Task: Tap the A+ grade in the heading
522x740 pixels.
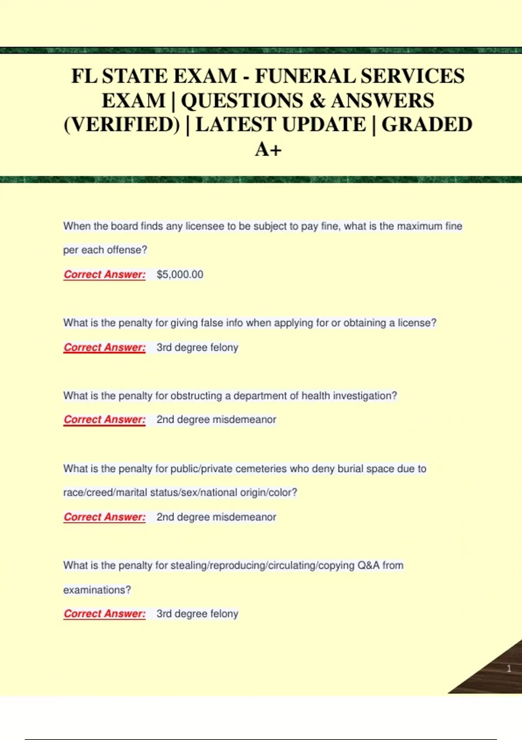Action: [x=268, y=149]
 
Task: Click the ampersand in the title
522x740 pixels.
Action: [x=317, y=101]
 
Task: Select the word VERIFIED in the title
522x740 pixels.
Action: [x=122, y=125]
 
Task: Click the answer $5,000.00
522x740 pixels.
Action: [x=180, y=275]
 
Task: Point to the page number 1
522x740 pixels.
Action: [x=509, y=668]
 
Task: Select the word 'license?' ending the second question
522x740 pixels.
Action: [x=417, y=323]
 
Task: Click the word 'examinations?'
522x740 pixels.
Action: [x=97, y=590]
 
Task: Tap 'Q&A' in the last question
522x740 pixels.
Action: [x=368, y=565]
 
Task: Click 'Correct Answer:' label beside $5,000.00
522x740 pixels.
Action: [x=104, y=275]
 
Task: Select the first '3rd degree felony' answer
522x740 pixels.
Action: [x=197, y=347]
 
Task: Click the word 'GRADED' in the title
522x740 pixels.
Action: [x=427, y=125]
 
